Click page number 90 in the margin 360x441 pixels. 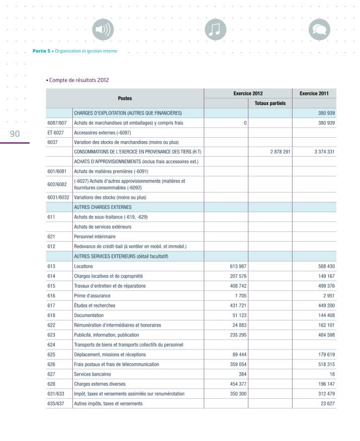click(x=14, y=133)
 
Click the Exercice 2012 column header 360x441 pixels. click(x=248, y=93)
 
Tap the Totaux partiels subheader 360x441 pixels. click(x=270, y=103)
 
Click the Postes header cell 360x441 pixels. click(x=125, y=98)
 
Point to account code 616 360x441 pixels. click(x=51, y=296)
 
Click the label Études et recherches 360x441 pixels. click(x=95, y=305)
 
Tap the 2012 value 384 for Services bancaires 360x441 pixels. click(x=242, y=374)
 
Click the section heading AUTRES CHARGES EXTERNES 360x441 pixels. click(x=103, y=207)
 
